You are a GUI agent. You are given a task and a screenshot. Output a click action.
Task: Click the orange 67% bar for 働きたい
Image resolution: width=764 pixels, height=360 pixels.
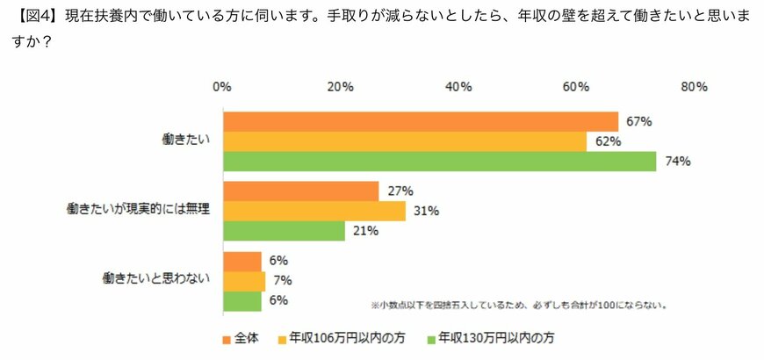(x=421, y=121)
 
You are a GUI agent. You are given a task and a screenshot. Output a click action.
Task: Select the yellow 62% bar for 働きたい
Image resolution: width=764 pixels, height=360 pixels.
(x=405, y=141)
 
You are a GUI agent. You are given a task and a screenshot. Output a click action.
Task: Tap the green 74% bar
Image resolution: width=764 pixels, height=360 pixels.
(x=440, y=162)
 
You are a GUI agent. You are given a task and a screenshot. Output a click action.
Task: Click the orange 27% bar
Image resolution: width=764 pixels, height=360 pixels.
(x=301, y=191)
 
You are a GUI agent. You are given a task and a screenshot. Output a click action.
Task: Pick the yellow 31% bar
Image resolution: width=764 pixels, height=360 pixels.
(x=314, y=211)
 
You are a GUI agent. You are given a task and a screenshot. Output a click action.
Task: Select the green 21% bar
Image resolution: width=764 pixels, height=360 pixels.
(x=285, y=231)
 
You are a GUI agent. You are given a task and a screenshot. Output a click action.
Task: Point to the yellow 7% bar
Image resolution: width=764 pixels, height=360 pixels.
(x=244, y=281)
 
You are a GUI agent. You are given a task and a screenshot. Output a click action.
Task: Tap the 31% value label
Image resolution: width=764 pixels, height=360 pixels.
(x=427, y=211)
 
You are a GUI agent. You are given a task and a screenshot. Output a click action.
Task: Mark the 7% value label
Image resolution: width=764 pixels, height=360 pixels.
(x=282, y=281)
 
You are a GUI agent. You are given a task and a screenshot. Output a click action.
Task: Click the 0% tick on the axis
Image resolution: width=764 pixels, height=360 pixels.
(x=221, y=87)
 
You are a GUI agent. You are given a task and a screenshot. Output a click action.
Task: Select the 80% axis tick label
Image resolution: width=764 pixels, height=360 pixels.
(x=694, y=87)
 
